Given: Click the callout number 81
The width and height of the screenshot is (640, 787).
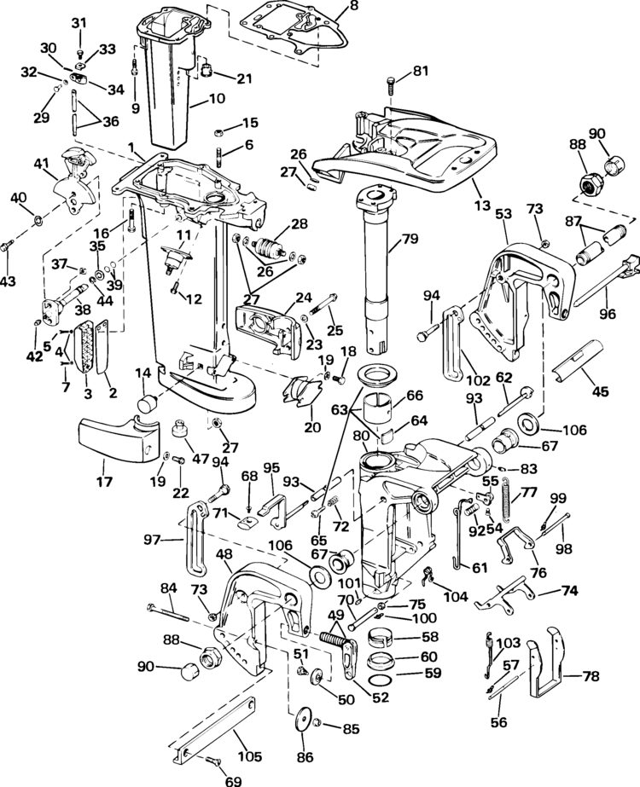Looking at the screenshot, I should point(420,72).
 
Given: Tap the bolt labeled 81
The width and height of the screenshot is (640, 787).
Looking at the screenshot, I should point(391,86).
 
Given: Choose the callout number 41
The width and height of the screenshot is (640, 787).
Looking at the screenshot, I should point(39,163).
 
